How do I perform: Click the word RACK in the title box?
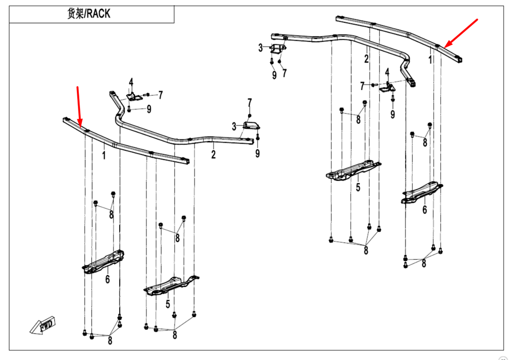tap(98, 14)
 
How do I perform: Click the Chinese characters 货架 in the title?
tap(76, 14)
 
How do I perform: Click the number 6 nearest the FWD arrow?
tap(107, 279)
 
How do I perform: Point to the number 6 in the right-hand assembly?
tap(425, 209)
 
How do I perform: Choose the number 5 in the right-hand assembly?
tap(358, 187)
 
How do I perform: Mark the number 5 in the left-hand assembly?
tap(167, 304)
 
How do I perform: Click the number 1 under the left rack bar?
tap(104, 154)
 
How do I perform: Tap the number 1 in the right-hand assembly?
tap(430, 60)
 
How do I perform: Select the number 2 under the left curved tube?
tap(214, 154)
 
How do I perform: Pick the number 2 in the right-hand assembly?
tap(366, 59)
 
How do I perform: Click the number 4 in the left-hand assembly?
tap(131, 82)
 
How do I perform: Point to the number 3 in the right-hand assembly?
tap(260, 48)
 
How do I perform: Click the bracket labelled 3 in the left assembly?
tap(251, 126)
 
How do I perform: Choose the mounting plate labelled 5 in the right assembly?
tap(353, 171)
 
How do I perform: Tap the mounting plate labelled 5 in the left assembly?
tap(171, 285)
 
